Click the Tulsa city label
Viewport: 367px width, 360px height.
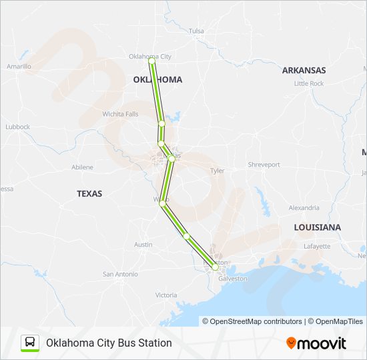click(x=196, y=31)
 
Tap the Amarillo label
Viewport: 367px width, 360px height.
click(x=19, y=67)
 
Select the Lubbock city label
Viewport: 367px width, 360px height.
click(x=17, y=127)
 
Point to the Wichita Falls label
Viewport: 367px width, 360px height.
click(x=120, y=114)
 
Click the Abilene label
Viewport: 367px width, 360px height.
click(x=82, y=167)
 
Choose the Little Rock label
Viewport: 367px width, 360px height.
click(x=309, y=83)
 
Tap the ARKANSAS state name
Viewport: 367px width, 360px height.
click(x=304, y=70)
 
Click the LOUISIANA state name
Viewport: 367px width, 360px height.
click(x=318, y=227)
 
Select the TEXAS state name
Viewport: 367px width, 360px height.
click(x=89, y=193)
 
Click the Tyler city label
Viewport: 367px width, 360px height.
click(x=218, y=171)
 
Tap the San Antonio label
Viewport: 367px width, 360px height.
click(x=120, y=274)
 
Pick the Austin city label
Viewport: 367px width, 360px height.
click(x=143, y=245)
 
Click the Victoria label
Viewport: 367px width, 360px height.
click(x=166, y=295)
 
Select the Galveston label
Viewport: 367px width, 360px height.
click(x=232, y=279)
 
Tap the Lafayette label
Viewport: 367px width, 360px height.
click(x=316, y=246)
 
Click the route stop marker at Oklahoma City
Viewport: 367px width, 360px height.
click(x=152, y=61)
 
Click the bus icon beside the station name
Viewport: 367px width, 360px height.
click(x=30, y=343)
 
